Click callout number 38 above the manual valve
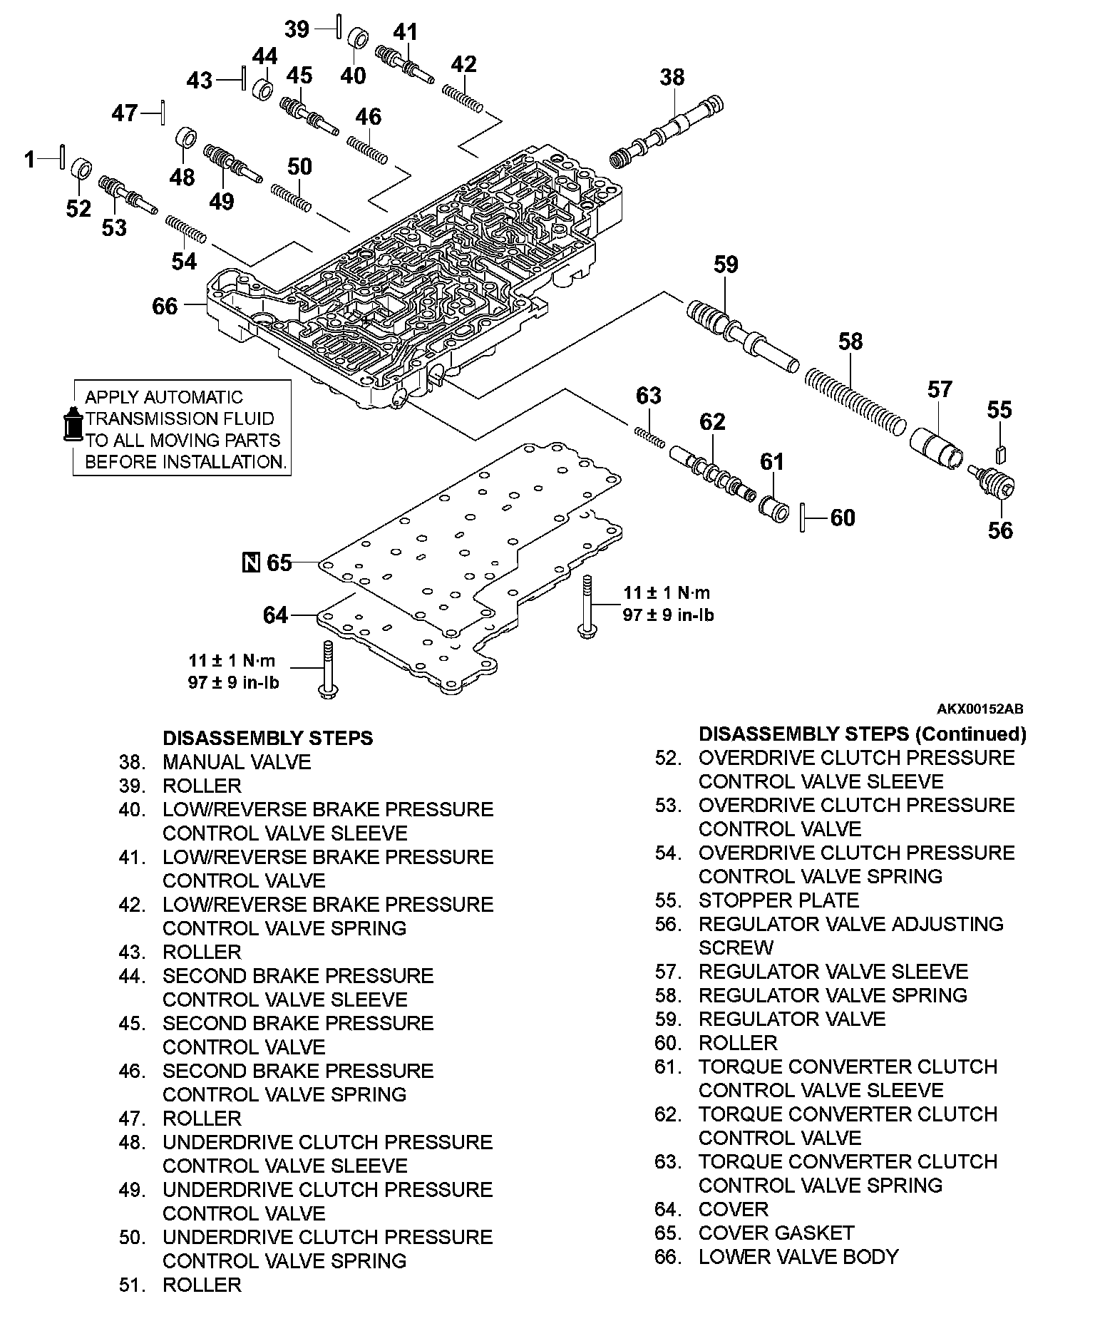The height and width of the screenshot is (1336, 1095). tap(672, 77)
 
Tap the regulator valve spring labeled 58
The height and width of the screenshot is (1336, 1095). tap(855, 402)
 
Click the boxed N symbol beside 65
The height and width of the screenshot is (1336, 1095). tap(251, 562)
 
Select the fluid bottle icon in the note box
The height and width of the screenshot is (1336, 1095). tap(72, 426)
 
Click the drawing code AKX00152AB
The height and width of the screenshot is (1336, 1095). tap(980, 709)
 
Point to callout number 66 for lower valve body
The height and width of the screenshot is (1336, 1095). tap(165, 306)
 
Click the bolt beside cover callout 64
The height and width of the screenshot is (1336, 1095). tap(327, 669)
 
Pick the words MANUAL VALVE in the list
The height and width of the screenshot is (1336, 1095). tap(237, 762)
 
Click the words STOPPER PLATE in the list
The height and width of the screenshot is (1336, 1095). tap(778, 900)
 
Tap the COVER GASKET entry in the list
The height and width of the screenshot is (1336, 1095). tap(776, 1233)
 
